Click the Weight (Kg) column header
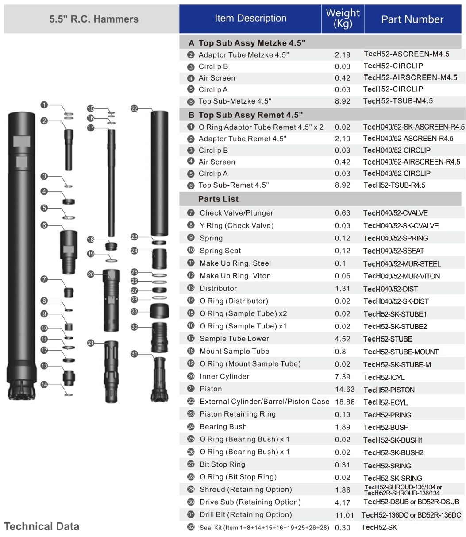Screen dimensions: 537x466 pyautogui.click(x=343, y=19)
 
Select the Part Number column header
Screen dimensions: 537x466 pyautogui.click(x=412, y=19)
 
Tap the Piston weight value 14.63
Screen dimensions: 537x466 pyautogui.click(x=345, y=390)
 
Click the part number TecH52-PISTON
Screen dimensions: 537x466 pyautogui.click(x=389, y=390)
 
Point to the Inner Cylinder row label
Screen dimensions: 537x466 pyautogui.click(x=224, y=376)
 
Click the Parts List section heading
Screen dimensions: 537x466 pyautogui.click(x=218, y=199)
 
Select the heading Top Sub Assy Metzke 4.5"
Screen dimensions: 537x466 pyautogui.click(x=252, y=43)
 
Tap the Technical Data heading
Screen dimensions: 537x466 pyautogui.click(x=42, y=526)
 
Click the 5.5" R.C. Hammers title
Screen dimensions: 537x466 pyautogui.click(x=94, y=19)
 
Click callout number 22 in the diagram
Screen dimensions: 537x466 pyautogui.click(x=135, y=108)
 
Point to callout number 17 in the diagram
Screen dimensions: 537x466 pyautogui.click(x=91, y=128)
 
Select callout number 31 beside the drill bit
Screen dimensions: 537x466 pyautogui.click(x=135, y=354)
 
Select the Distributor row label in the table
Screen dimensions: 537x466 pyautogui.click(x=218, y=288)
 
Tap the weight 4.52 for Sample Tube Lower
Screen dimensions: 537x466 pyautogui.click(x=343, y=339)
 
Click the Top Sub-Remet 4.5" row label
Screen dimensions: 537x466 pyautogui.click(x=234, y=185)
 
